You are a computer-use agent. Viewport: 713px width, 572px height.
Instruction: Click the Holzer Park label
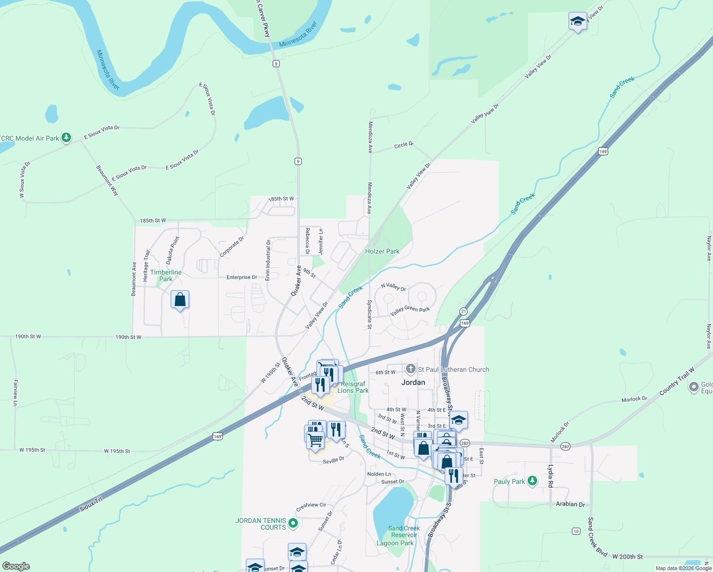(x=382, y=251)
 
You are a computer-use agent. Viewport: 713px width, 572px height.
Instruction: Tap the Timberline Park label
(x=166, y=276)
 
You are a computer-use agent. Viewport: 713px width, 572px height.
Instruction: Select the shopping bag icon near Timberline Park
(x=180, y=300)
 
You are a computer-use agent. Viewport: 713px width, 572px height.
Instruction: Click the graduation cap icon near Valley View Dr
(x=578, y=21)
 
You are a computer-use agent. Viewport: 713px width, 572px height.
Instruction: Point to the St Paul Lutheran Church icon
(x=411, y=369)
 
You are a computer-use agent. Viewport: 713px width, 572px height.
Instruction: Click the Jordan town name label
(x=413, y=382)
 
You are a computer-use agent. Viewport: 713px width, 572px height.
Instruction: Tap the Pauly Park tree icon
(x=532, y=481)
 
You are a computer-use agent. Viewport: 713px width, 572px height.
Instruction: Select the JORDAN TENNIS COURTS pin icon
(x=293, y=524)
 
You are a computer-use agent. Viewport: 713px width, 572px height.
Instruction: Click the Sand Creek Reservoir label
(x=404, y=531)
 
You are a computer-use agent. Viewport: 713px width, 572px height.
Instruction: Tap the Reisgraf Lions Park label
(x=353, y=387)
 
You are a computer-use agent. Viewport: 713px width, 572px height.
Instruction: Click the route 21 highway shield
(x=464, y=311)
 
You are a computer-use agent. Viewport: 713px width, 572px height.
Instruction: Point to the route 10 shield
(x=576, y=531)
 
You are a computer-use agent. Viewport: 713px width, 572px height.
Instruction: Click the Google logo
(x=16, y=566)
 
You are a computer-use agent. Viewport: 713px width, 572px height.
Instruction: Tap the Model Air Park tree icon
(x=66, y=138)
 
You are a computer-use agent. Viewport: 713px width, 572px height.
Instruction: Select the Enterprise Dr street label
(x=242, y=277)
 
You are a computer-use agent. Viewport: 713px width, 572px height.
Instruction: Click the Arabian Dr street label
(x=570, y=504)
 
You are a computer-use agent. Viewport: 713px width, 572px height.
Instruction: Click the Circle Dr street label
(x=403, y=144)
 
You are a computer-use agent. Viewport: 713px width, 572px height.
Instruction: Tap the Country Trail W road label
(x=677, y=381)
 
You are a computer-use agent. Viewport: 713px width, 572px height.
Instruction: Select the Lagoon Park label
(x=395, y=543)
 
